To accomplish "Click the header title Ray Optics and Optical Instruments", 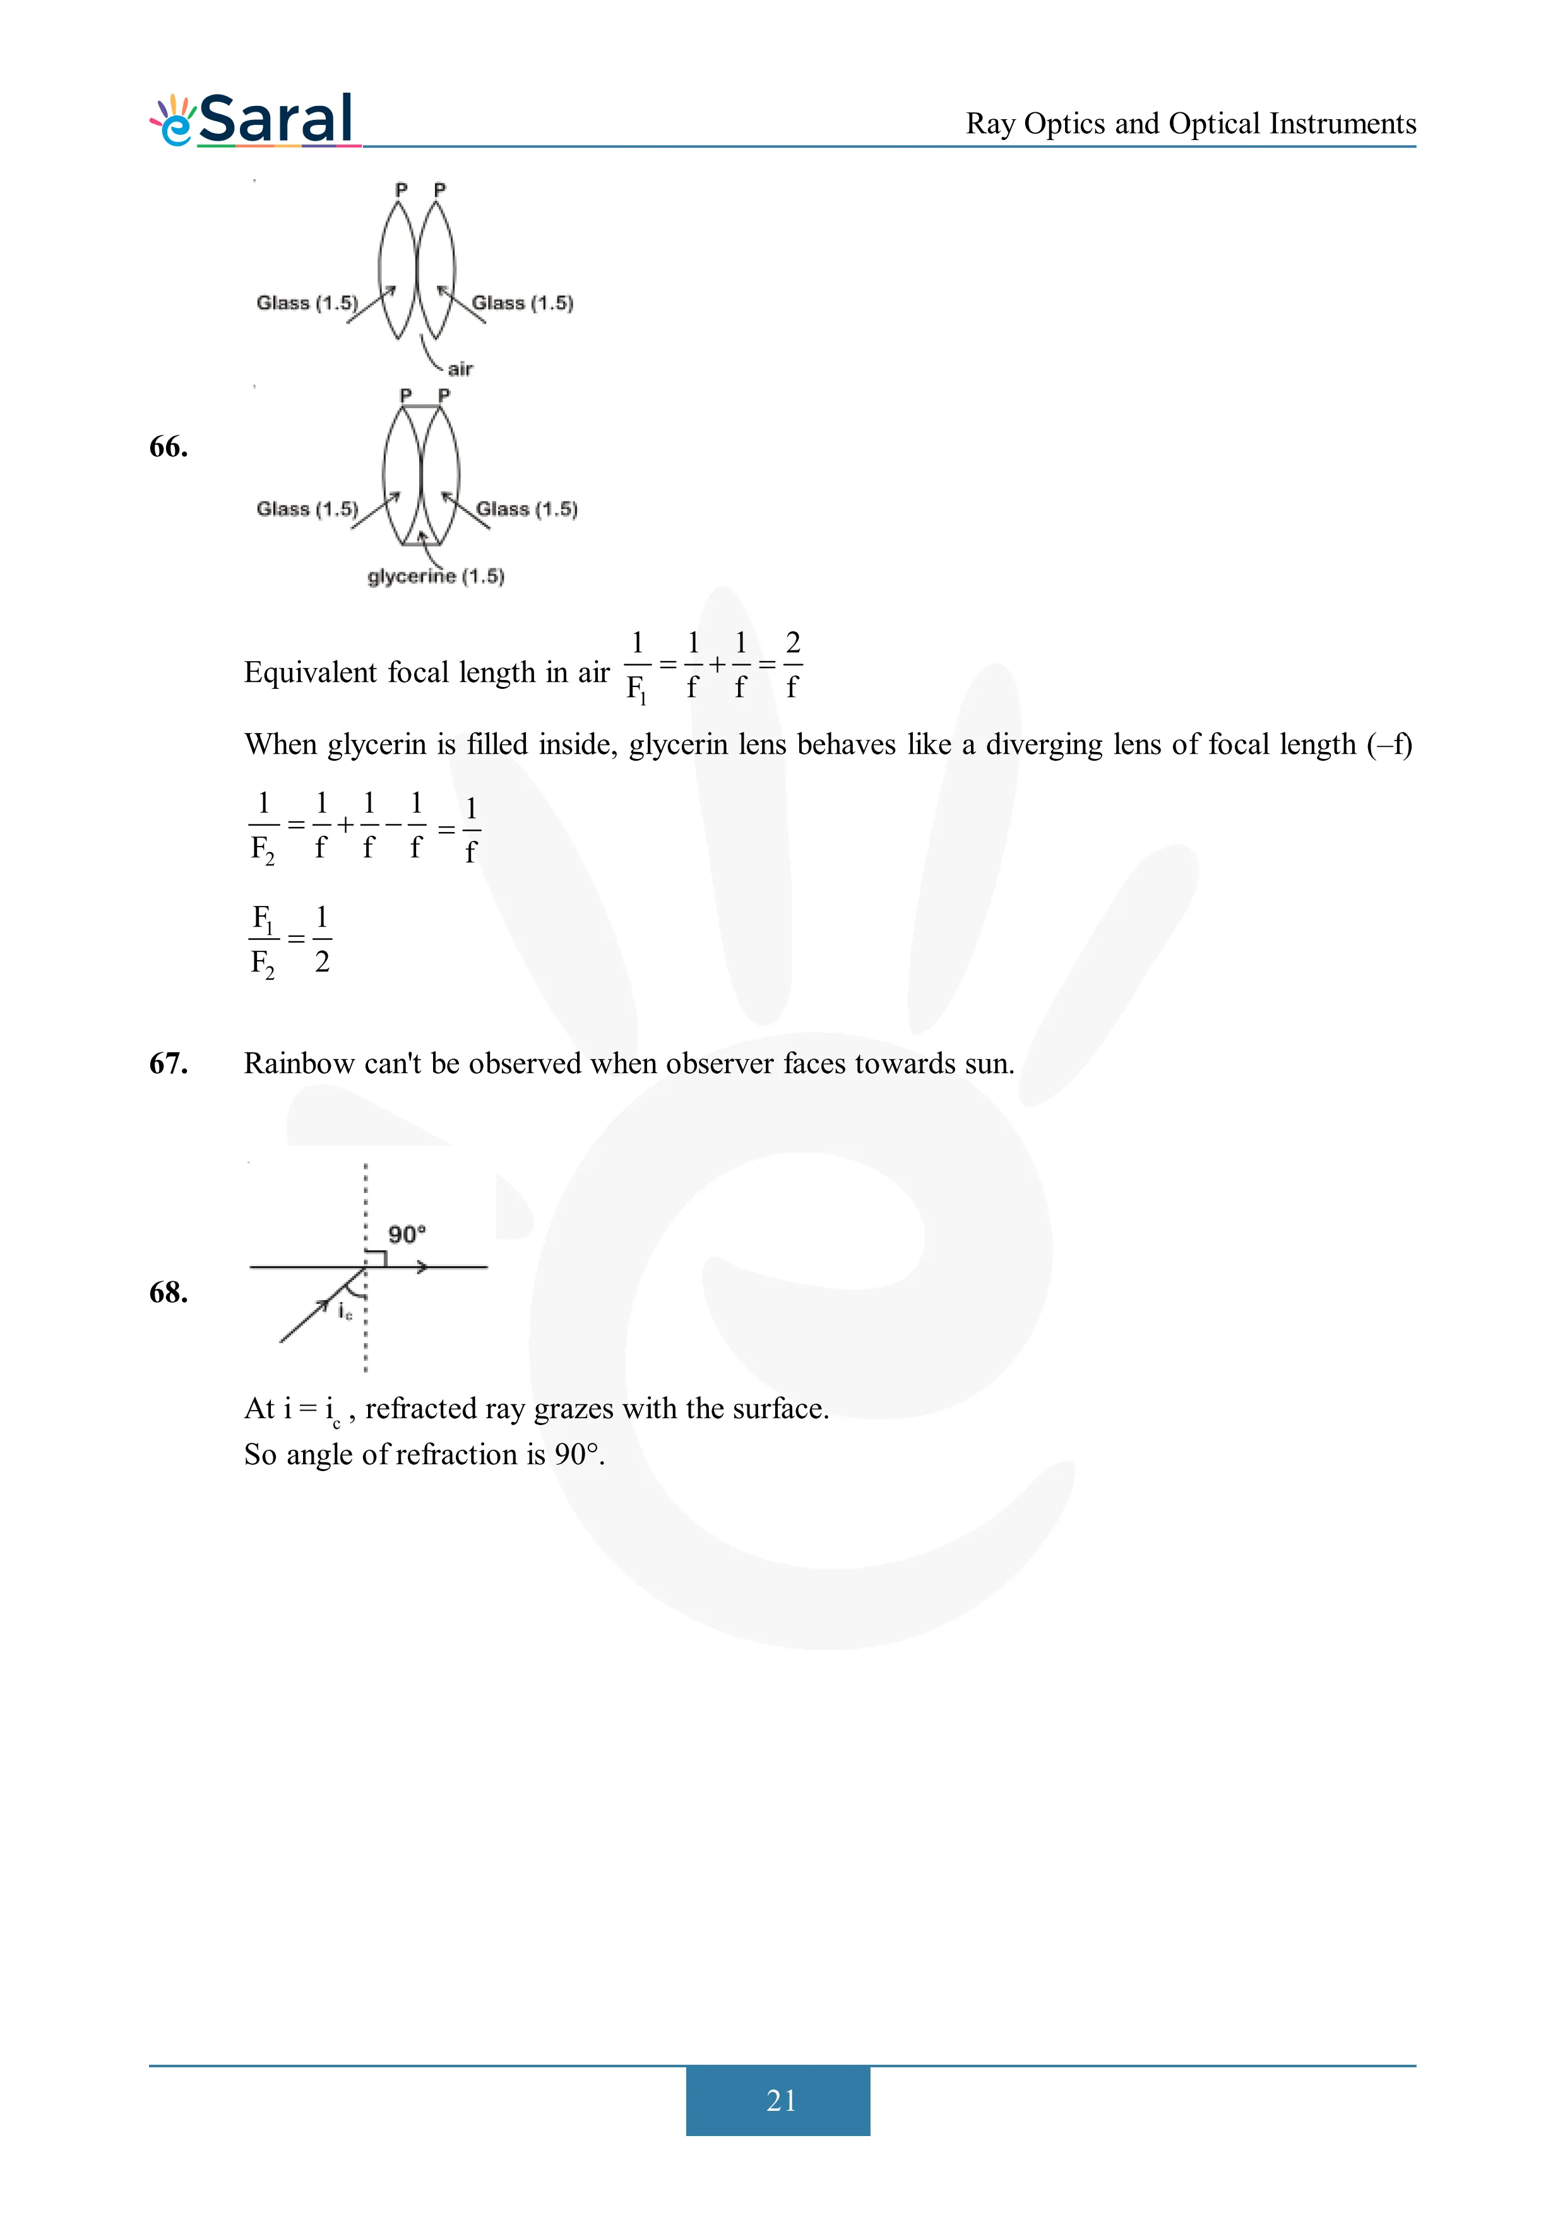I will pos(1190,124).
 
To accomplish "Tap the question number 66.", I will pos(169,447).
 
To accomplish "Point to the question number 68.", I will pos(169,1293).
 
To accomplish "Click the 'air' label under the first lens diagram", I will pos(460,369).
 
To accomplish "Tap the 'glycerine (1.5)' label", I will pos(436,577).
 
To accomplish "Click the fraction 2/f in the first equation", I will pos(793,664).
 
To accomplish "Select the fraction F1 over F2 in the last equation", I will pos(262,940).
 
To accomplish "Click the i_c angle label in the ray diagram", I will pos(345,1311).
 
